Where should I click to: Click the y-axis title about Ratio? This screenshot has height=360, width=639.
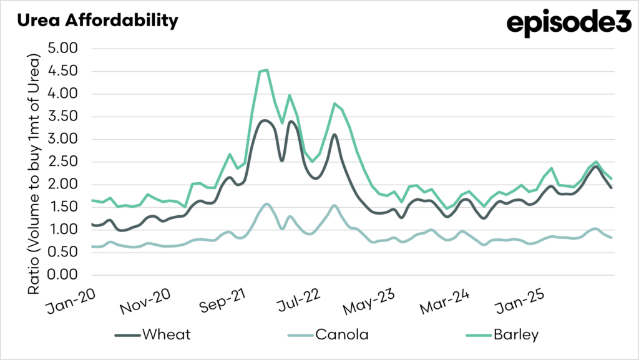(34, 175)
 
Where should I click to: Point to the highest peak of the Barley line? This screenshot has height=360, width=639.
(267, 70)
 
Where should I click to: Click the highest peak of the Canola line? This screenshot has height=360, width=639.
(267, 204)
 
